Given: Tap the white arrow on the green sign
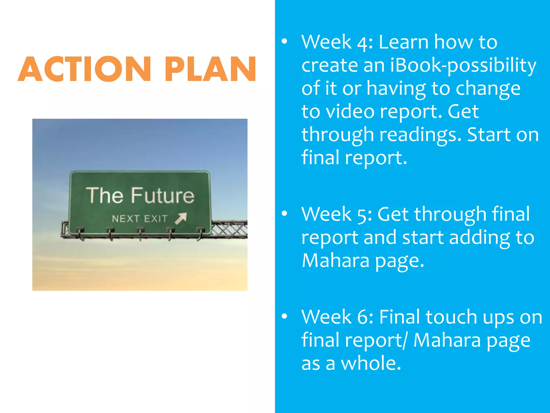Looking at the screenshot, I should [181, 218].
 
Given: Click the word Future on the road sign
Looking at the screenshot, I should [162, 195].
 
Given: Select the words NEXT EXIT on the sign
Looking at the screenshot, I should [140, 219].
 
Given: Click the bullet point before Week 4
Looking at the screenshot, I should [284, 41].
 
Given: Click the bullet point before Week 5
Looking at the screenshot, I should [284, 213].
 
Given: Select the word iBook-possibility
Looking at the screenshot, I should [463, 66].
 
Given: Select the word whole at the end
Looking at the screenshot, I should [371, 363].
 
